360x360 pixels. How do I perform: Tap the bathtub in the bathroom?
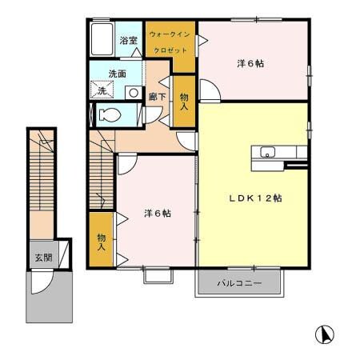point(103,39)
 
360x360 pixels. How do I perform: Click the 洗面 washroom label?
point(118,74)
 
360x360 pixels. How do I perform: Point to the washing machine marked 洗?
point(102,91)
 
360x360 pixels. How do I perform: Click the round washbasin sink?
point(130,92)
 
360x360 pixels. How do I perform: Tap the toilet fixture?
point(111,114)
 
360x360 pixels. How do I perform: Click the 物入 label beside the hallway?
point(183,101)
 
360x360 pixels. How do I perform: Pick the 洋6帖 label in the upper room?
point(250,64)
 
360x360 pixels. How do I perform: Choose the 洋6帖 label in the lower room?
point(157,213)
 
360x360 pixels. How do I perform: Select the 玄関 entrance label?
point(42,258)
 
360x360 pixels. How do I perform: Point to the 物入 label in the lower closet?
point(101,242)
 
